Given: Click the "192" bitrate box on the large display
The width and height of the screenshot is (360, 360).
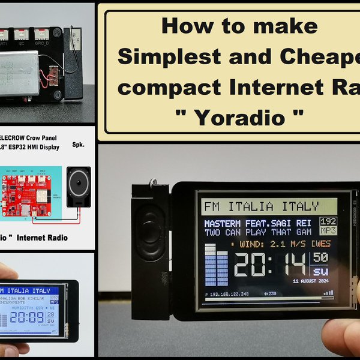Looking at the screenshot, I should (328, 221).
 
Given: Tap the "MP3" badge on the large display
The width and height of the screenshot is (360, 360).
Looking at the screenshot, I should (328, 230).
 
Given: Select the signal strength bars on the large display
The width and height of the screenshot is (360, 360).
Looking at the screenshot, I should (328, 293).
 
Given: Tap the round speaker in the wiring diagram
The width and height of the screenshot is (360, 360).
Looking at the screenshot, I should (78, 187).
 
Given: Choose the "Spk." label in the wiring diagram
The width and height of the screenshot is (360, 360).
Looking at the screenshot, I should (78, 146).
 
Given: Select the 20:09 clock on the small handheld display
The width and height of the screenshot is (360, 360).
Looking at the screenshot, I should (26, 316).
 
